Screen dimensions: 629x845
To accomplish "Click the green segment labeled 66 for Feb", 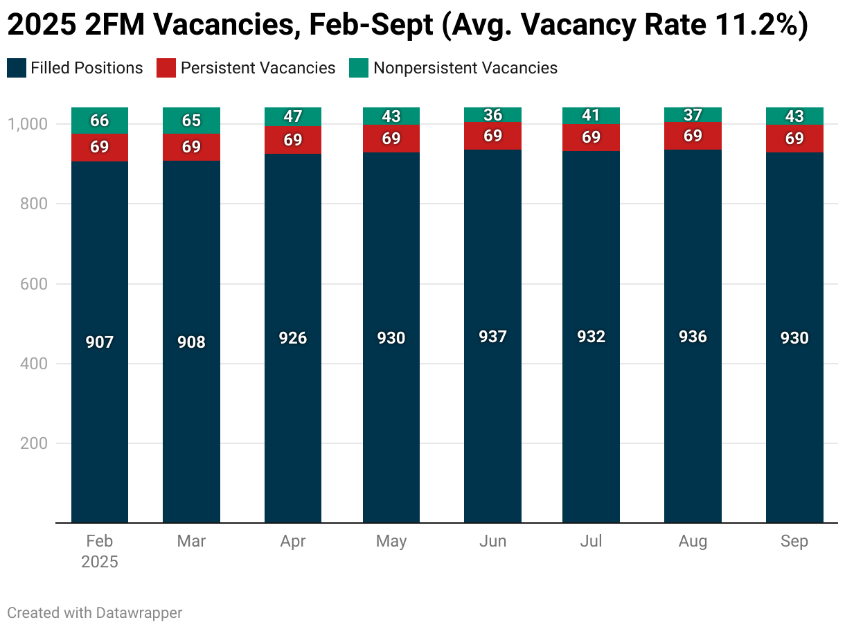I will (100, 121).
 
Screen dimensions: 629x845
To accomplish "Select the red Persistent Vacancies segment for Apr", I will (293, 140).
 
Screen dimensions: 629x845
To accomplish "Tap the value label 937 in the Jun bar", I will (492, 337).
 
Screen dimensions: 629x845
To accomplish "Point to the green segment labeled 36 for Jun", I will (492, 114).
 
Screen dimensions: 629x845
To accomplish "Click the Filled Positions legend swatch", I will (16, 68).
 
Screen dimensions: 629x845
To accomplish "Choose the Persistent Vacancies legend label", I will (258, 68).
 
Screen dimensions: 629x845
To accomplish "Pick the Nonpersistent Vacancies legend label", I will (465, 68).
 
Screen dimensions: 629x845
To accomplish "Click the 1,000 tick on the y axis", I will (28, 124).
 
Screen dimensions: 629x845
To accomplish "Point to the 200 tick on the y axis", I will (34, 443).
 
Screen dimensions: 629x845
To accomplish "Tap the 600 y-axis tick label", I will (34, 284).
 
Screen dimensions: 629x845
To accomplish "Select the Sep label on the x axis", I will (794, 542).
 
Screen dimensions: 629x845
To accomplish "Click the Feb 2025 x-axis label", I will (100, 551).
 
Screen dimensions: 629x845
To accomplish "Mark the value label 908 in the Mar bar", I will (191, 342).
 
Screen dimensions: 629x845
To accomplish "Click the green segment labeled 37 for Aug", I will (693, 114).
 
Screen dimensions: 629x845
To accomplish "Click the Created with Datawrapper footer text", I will (95, 613).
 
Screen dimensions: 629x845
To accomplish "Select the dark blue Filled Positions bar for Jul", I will (591, 416).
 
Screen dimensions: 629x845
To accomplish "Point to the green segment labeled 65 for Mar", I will (191, 121).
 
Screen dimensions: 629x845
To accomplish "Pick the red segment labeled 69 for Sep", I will (794, 139).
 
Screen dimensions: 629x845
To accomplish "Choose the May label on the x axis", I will (391, 542).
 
